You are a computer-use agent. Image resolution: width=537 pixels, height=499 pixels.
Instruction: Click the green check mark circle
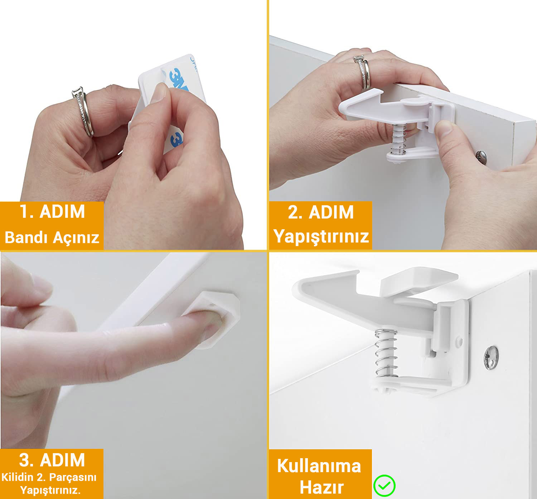tap(384, 485)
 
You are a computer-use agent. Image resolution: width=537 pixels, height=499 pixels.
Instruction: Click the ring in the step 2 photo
tap(363, 72)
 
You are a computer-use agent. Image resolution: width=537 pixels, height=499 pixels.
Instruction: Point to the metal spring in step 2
tap(398, 139)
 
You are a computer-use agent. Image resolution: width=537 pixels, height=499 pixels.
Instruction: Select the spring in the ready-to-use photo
tap(386, 353)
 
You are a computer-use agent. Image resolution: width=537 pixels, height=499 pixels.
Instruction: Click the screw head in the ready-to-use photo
tap(491, 358)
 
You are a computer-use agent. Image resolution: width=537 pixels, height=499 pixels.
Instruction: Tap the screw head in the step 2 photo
tap(481, 157)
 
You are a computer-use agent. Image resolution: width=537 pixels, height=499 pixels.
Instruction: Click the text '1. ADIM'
tap(52, 212)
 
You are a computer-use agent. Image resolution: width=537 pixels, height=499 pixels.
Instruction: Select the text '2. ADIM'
tap(321, 212)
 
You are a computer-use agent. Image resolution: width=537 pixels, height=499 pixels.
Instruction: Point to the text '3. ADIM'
tap(52, 460)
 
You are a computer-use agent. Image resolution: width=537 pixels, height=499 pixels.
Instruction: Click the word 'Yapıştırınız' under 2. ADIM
tap(321, 236)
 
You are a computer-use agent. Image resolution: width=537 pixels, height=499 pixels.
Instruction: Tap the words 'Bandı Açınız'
tap(52, 237)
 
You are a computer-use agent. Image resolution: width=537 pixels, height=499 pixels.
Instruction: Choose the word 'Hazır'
tap(321, 487)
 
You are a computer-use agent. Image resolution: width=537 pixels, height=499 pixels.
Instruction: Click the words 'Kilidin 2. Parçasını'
tap(49, 478)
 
